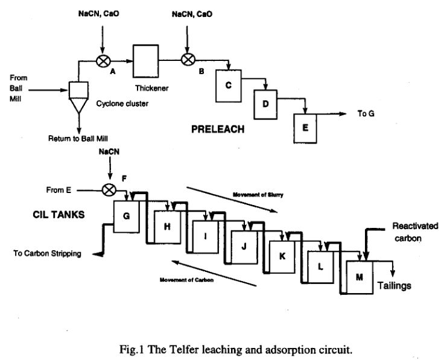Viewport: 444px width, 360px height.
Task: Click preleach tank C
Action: (229, 86)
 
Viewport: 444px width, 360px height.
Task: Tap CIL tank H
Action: (167, 227)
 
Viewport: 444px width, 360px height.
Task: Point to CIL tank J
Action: (244, 246)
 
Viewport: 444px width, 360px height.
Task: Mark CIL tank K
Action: (282, 256)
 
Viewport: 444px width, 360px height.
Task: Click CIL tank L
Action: (321, 266)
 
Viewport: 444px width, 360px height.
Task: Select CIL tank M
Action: (360, 277)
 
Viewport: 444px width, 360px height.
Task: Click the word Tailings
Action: (396, 285)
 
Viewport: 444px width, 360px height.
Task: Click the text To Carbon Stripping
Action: (48, 253)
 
